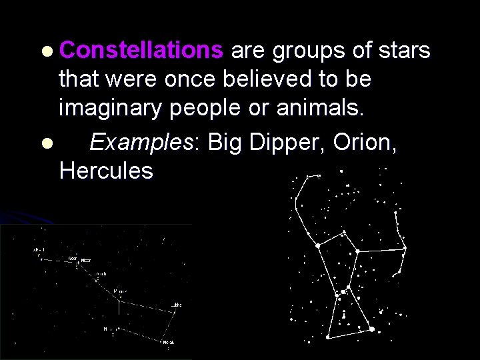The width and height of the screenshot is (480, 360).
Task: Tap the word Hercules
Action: (x=106, y=171)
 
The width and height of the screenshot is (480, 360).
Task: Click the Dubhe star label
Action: (x=175, y=305)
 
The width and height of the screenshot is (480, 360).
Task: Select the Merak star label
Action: (x=169, y=342)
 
